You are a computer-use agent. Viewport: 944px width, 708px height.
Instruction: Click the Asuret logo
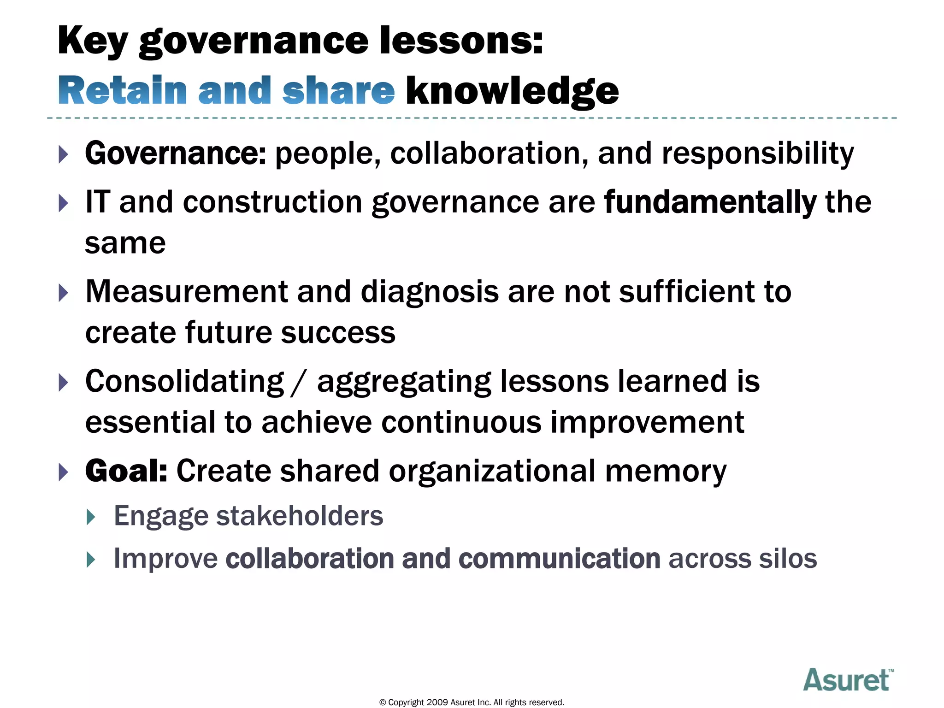[848, 680]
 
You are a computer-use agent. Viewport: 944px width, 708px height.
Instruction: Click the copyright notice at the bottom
[472, 702]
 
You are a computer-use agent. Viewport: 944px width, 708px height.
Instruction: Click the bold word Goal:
[126, 471]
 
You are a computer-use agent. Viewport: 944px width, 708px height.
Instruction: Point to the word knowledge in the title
[512, 91]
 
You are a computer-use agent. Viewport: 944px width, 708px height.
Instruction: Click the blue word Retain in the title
[122, 91]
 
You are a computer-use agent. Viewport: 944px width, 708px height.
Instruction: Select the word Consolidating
[184, 382]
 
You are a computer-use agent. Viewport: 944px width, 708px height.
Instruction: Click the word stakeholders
[300, 515]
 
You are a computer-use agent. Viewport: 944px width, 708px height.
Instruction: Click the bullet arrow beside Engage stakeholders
[91, 517]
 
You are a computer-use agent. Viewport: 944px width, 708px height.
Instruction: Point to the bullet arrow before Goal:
[64, 472]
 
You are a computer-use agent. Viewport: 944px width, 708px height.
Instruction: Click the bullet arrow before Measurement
[64, 293]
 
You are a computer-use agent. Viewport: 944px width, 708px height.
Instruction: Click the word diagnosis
[430, 292]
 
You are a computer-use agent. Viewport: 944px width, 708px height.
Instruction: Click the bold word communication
[559, 558]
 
